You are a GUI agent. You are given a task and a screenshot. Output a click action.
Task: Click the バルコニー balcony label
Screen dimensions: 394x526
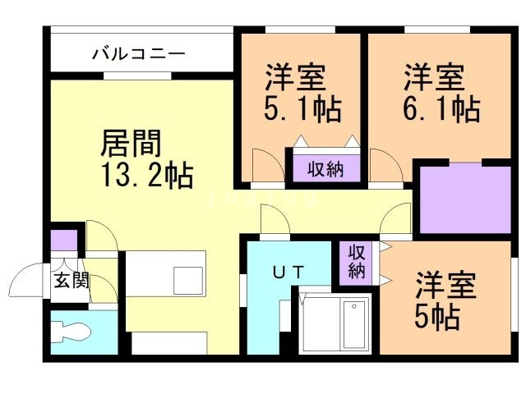point(139,54)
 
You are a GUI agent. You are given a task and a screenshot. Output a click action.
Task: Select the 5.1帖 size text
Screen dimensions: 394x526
point(302,109)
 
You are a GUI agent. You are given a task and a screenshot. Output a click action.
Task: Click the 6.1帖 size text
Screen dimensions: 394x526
point(441,109)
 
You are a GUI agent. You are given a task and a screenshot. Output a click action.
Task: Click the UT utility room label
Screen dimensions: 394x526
point(288,270)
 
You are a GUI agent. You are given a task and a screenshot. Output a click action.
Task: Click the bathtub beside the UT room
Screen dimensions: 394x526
point(354,323)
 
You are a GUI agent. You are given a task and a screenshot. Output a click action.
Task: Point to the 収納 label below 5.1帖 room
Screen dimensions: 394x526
point(325,169)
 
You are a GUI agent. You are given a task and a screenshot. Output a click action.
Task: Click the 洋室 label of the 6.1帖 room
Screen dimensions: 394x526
point(433,79)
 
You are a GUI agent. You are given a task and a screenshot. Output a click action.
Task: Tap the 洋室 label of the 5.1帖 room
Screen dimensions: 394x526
point(295,79)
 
